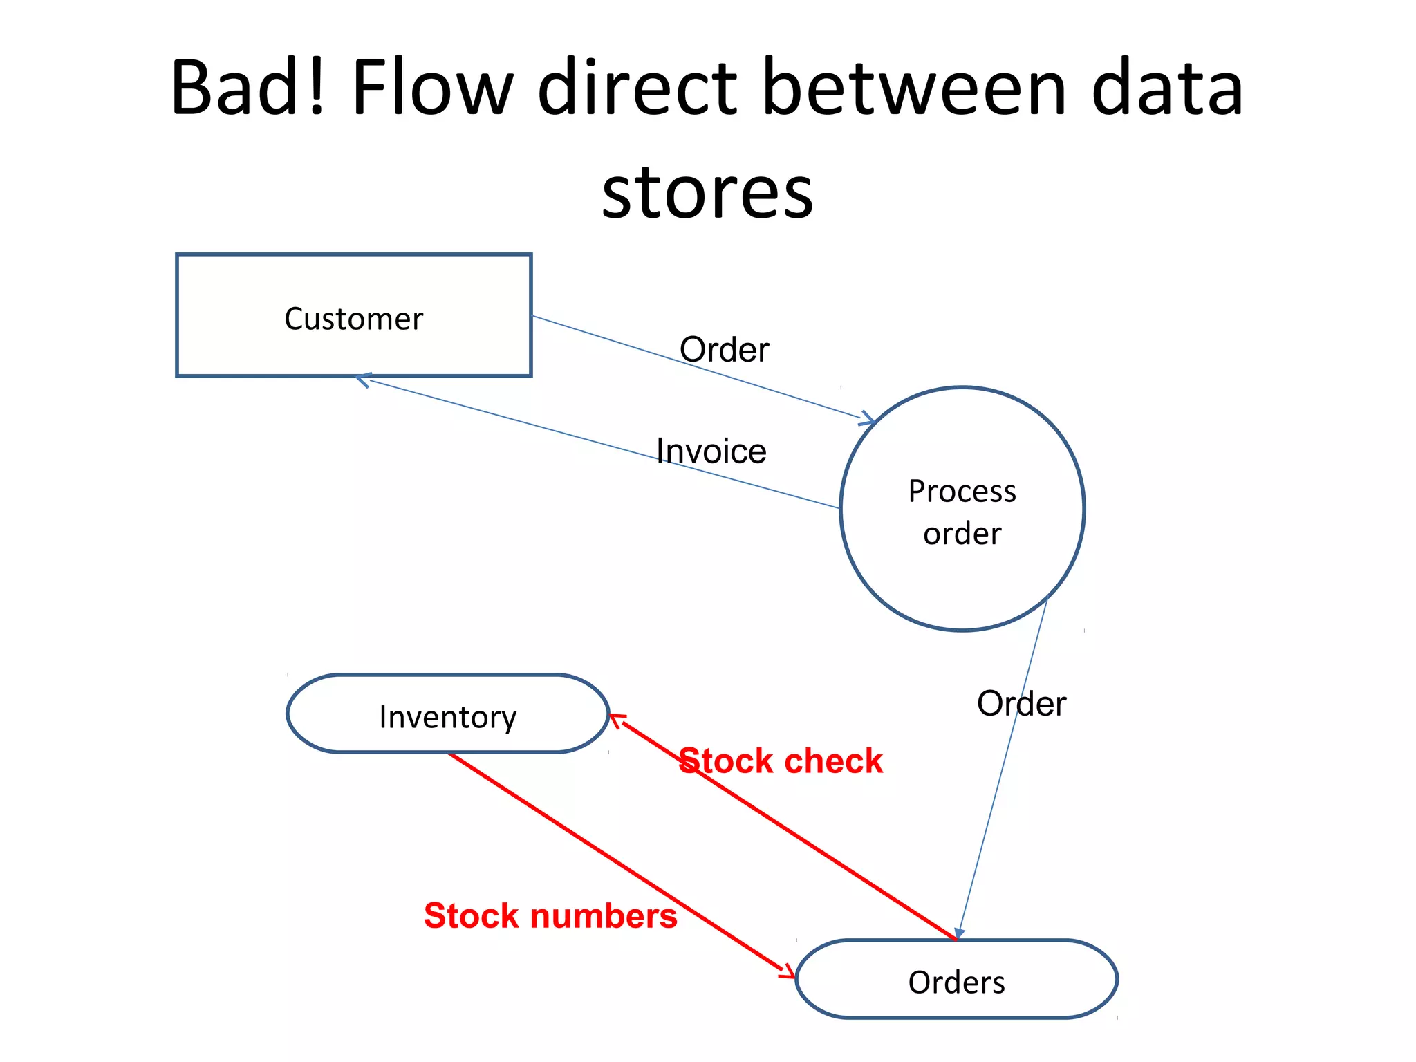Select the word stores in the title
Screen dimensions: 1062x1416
point(707,193)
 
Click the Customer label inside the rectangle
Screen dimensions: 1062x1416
point(353,319)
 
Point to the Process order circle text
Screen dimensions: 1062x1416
point(962,512)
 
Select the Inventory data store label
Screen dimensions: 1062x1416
point(447,717)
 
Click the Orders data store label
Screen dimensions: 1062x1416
point(956,982)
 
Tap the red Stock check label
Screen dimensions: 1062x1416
point(781,761)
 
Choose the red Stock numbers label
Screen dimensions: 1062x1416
point(550,916)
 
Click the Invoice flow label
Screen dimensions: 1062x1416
point(711,451)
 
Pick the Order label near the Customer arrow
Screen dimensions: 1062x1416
point(724,350)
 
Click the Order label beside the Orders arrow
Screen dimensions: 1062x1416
point(1021,704)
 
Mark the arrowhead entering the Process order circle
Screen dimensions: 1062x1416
point(868,419)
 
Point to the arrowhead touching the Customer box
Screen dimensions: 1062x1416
point(362,380)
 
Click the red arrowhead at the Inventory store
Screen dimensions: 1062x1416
point(615,720)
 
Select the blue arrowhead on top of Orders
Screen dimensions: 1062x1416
point(960,933)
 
